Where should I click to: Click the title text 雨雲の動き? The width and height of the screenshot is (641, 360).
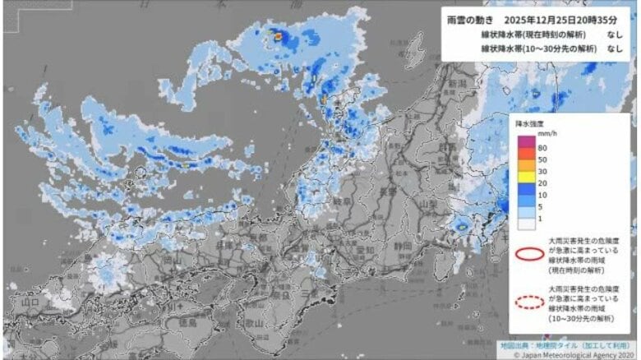[473, 19]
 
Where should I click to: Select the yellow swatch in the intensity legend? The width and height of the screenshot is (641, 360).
[523, 175]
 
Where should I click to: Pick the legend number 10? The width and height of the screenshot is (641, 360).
[542, 196]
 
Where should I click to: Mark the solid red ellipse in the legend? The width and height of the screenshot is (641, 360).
[529, 253]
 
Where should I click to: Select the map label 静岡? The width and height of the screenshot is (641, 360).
[380, 244]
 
